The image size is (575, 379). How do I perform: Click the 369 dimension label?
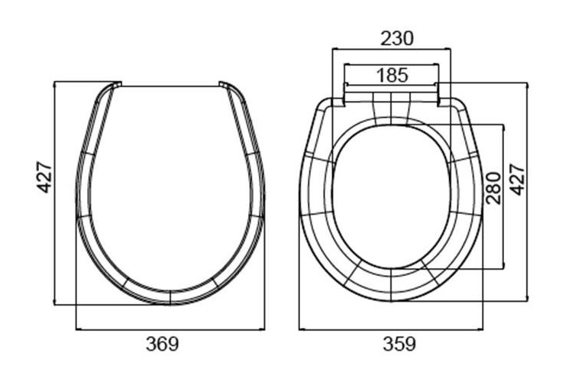(162, 344)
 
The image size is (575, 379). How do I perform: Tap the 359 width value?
(399, 344)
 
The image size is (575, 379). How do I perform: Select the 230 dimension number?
(397, 38)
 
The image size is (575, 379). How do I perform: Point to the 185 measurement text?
(392, 75)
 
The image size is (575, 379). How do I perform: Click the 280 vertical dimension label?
(493, 188)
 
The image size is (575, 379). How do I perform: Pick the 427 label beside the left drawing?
(46, 177)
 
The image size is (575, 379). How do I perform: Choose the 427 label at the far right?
(518, 180)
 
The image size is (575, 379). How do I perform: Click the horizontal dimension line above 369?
(170, 329)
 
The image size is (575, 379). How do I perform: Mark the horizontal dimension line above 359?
(391, 329)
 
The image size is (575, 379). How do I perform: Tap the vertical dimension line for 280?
(504, 196)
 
